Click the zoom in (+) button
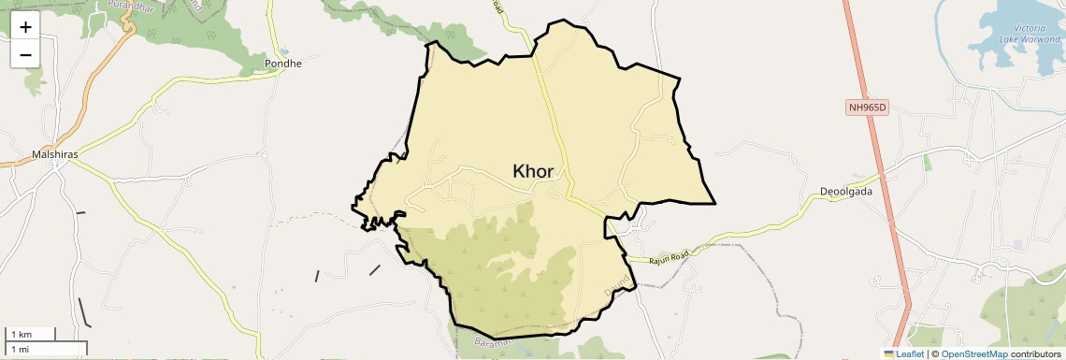(x=25, y=27)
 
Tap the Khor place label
(x=533, y=171)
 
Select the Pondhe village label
(x=283, y=64)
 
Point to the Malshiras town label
(x=54, y=153)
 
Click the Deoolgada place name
(x=845, y=192)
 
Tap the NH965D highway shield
(x=867, y=108)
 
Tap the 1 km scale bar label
(x=20, y=334)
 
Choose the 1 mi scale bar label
(x=19, y=349)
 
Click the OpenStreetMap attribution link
(x=973, y=353)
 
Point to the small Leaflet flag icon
(x=888, y=353)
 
